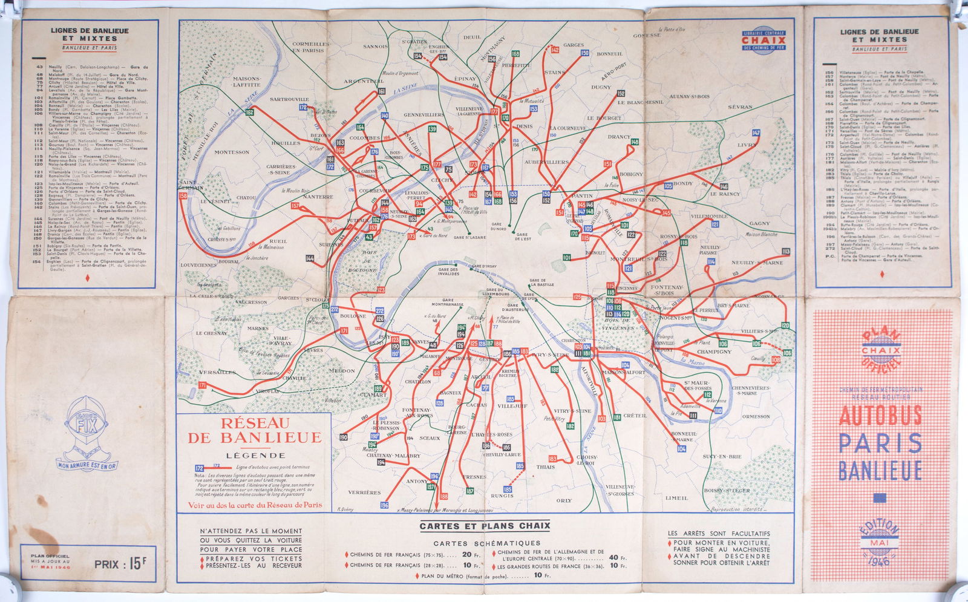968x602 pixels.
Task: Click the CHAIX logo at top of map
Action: point(764,40)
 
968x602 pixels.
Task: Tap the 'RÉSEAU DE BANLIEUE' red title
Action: point(255,430)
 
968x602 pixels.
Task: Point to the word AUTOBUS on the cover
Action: point(880,416)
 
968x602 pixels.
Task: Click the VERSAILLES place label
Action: point(217,372)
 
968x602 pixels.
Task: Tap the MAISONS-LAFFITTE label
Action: point(247,82)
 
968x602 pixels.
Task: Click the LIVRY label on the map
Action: point(747,145)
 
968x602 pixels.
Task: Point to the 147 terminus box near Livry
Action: point(756,133)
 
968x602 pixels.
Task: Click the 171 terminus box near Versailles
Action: point(202,385)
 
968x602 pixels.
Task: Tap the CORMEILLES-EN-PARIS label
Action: point(311,47)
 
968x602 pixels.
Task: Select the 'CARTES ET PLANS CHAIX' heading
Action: point(485,526)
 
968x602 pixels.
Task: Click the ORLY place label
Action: point(564,500)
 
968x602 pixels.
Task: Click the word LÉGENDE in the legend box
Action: point(255,455)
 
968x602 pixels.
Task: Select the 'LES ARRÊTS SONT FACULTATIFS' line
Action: point(719,534)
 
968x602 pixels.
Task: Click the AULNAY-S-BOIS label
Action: point(690,96)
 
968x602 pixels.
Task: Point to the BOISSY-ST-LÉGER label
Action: point(727,490)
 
